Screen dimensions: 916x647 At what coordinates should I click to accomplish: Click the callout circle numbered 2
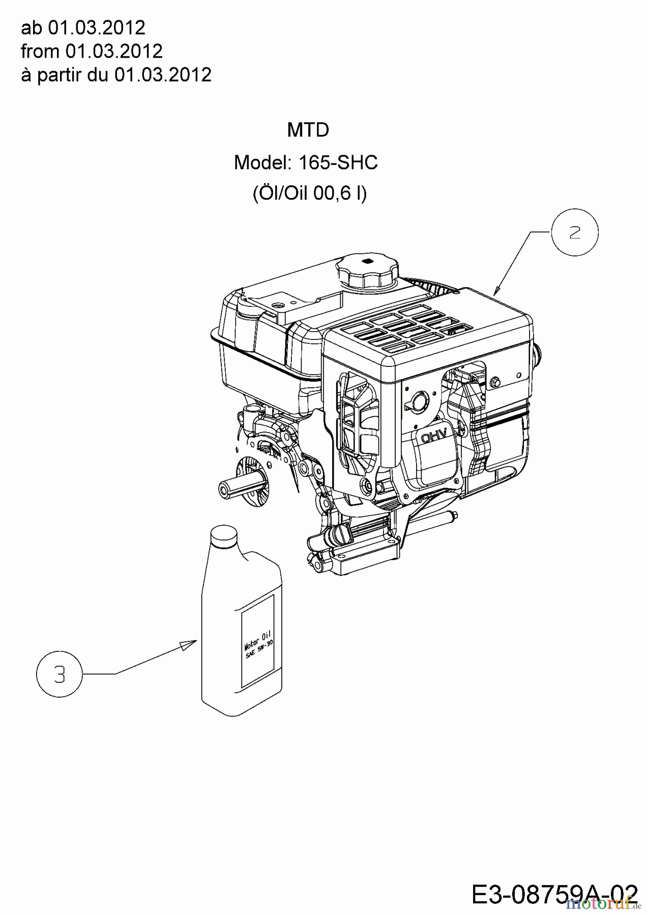(575, 233)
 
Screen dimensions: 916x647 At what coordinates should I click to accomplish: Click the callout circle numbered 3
(60, 675)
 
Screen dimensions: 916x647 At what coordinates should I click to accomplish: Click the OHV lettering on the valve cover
(433, 435)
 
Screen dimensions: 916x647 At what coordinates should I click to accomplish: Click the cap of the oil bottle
(224, 536)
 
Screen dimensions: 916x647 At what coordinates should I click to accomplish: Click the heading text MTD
(308, 130)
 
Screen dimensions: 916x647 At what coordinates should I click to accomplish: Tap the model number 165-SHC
(338, 163)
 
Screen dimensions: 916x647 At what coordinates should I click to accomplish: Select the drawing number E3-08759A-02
(554, 894)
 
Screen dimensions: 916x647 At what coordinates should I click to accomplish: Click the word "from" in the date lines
(40, 51)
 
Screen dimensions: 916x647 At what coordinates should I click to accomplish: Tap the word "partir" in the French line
(60, 75)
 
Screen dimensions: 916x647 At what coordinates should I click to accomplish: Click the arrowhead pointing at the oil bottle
(189, 644)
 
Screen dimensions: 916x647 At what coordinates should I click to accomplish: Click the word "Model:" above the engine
(262, 163)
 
